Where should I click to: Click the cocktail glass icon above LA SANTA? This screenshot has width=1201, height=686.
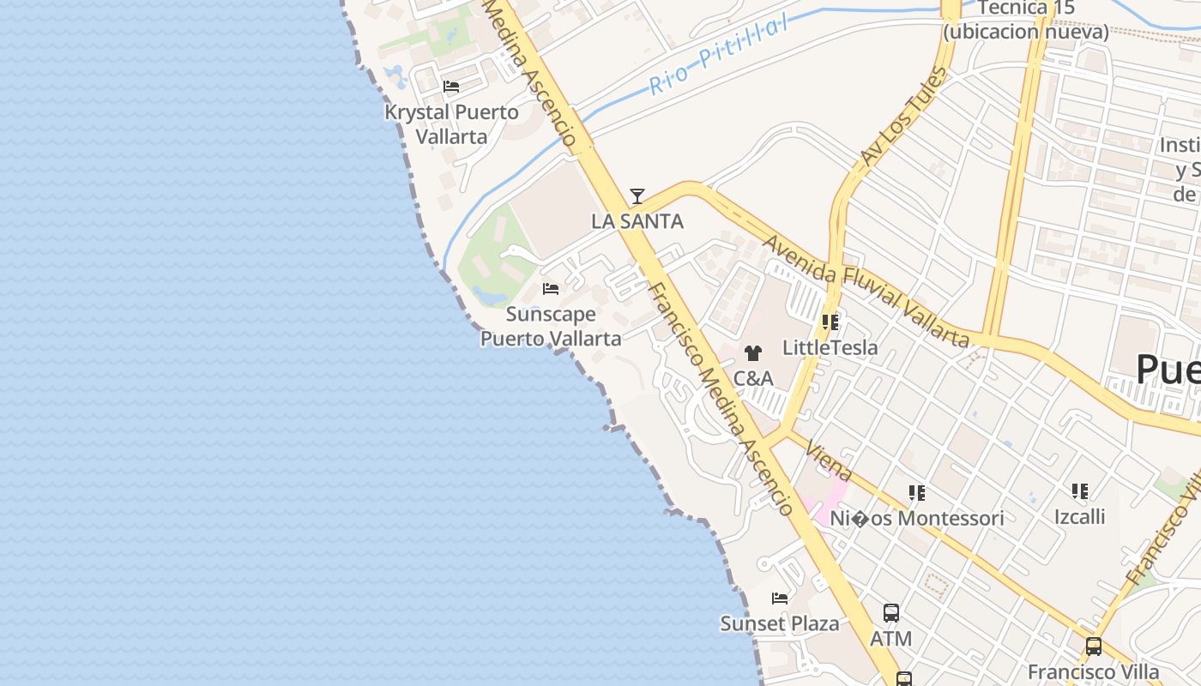tap(637, 196)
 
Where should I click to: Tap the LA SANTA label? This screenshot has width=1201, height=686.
tap(637, 221)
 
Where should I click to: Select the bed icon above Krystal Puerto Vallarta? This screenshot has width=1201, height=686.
tap(451, 87)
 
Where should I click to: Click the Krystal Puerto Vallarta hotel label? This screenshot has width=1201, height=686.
tap(451, 124)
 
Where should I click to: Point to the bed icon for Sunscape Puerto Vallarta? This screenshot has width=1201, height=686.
tap(551, 289)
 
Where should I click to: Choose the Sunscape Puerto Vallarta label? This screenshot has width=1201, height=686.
tap(551, 326)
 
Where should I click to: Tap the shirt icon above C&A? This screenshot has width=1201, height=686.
tap(753, 352)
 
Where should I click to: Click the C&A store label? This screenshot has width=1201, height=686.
tap(753, 378)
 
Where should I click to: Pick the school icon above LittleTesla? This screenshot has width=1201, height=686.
tap(830, 322)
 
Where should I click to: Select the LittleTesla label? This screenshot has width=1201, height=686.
tap(830, 347)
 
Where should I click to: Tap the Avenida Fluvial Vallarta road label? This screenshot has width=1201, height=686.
tap(866, 292)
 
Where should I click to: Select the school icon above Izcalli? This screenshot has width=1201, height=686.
tap(1079, 491)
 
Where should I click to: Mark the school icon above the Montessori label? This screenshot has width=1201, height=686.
tap(916, 493)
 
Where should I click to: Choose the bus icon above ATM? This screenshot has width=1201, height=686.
tap(891, 613)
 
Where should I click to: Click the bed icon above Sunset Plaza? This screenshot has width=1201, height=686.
tap(780, 598)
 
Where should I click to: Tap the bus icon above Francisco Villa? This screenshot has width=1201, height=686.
tap(1093, 647)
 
